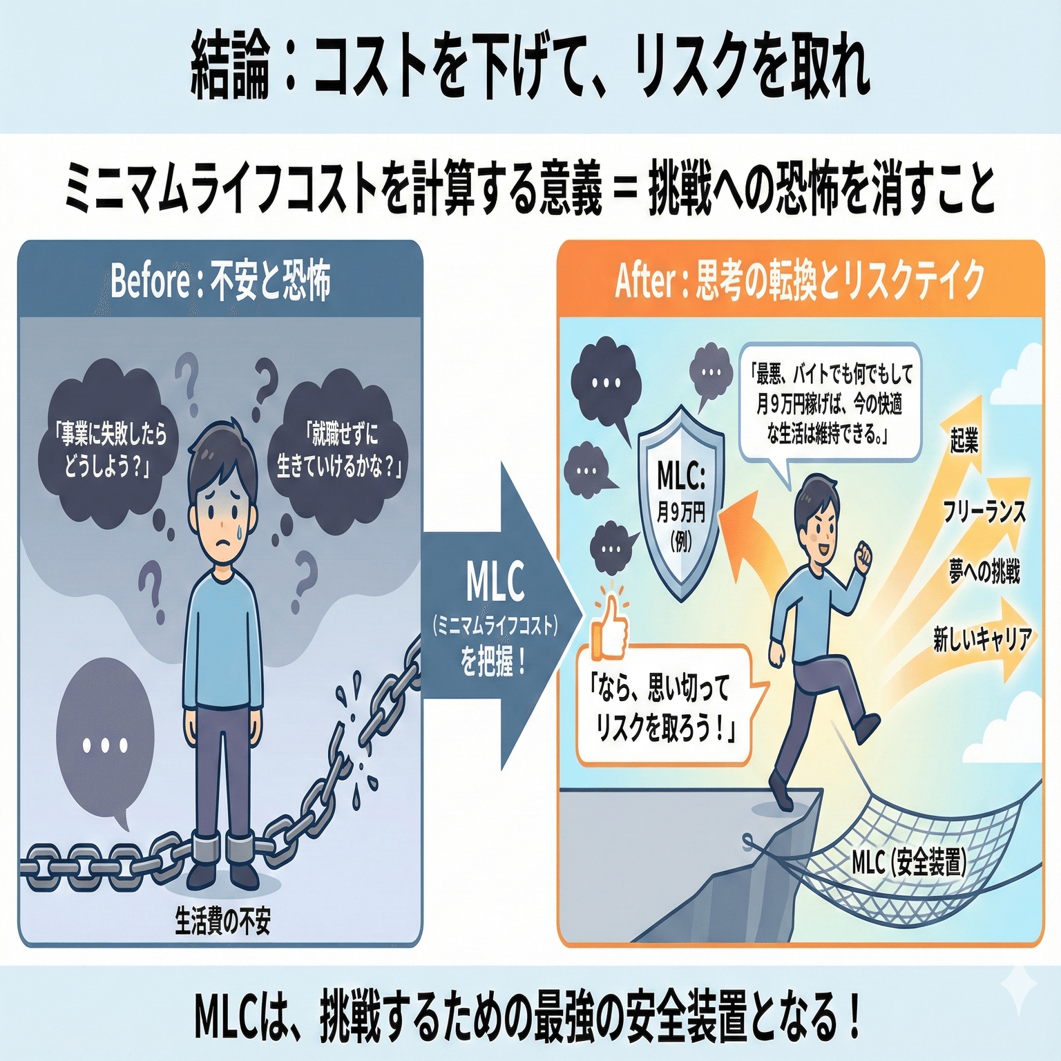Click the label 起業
[964, 439]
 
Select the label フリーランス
[984, 512]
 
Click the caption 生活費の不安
[222, 921]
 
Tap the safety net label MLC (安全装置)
[908, 862]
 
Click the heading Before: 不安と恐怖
[220, 280]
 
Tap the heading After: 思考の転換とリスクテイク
[800, 280]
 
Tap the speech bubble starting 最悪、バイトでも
[829, 404]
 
